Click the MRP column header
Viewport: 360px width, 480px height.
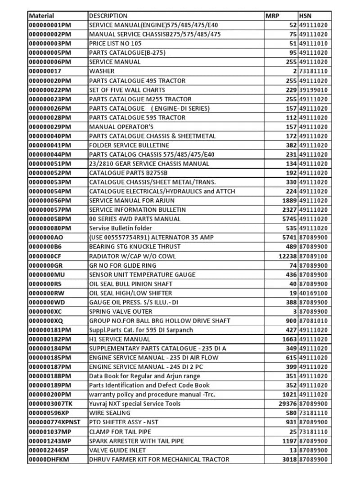pos(272,16)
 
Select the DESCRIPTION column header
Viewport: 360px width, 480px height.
pos(108,16)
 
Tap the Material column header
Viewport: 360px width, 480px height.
pos(41,16)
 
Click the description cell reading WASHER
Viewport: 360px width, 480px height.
pos(102,71)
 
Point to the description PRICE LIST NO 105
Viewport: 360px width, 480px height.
pos(115,44)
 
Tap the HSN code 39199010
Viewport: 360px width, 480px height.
pos(313,90)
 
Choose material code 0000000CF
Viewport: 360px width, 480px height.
pos(45,256)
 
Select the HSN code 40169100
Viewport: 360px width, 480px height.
pos(313,293)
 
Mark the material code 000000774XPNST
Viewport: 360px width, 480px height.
pos(54,422)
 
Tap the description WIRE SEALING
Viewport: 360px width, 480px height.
pos(110,413)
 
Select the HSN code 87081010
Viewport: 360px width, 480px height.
pos(313,321)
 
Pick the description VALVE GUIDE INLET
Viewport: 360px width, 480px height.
pos(117,450)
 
